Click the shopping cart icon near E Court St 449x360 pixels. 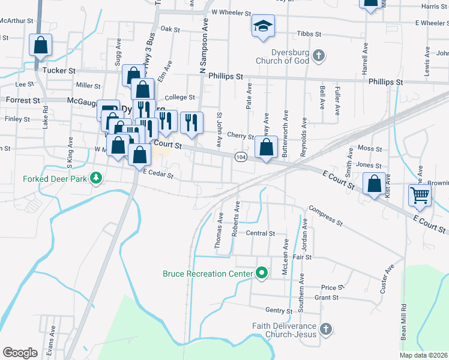point(420,194)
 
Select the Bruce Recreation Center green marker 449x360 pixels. point(261,274)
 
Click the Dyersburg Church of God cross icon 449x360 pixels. point(319,56)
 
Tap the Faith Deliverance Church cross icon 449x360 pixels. point(325,329)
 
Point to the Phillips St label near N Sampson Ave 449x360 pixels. point(225,76)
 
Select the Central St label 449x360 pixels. point(260,233)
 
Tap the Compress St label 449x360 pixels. point(325,216)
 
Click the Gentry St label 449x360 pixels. point(279,310)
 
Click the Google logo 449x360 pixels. point(20,352)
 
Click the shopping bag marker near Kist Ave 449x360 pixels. point(375,184)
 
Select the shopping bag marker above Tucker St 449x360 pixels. point(40,44)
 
